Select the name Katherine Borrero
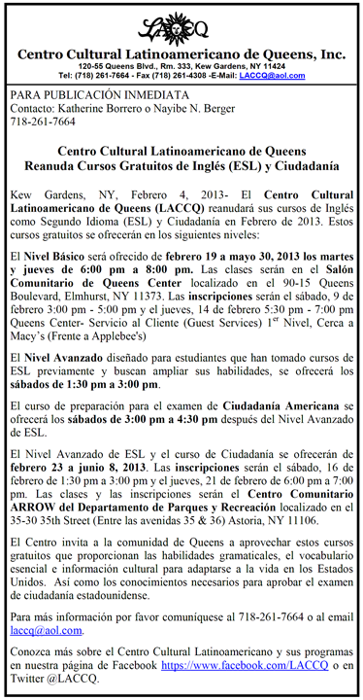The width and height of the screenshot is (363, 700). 102,110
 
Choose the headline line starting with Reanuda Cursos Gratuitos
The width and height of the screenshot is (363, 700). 181,168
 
